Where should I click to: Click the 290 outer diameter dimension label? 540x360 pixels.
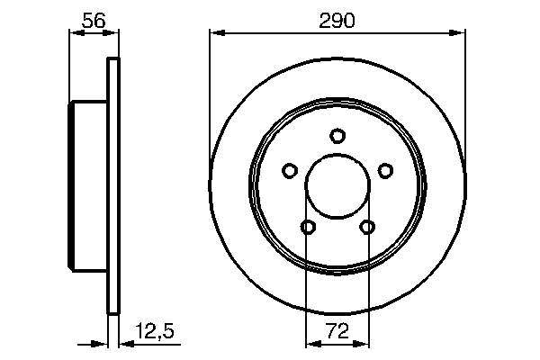click(337, 19)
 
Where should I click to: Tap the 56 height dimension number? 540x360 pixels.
click(92, 19)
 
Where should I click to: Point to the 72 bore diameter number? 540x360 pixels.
click(337, 332)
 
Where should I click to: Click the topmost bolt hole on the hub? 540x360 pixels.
click(337, 136)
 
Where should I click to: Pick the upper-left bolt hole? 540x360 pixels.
click(290, 170)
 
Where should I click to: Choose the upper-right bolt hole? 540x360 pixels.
click(385, 170)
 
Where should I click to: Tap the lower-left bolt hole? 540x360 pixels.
click(308, 227)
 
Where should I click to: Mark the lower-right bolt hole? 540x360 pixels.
click(367, 227)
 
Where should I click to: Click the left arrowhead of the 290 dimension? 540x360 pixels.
click(215, 33)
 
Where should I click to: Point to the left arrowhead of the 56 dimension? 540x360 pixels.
click(75, 33)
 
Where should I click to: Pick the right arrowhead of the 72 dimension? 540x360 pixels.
click(364, 344)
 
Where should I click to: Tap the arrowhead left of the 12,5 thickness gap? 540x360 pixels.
click(103, 344)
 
